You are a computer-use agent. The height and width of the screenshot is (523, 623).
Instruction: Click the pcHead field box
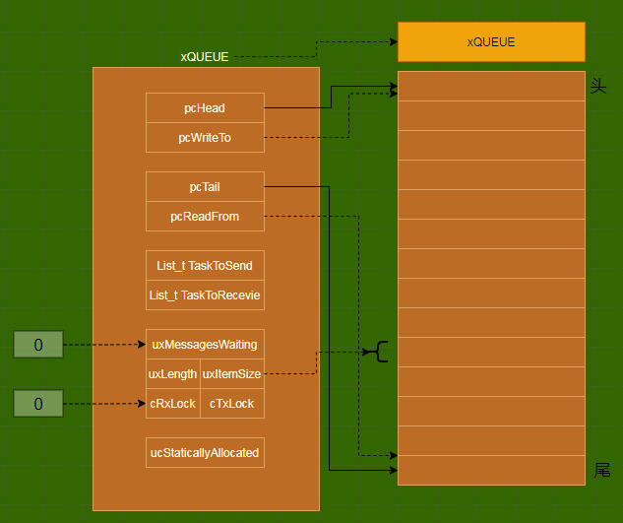pos(205,107)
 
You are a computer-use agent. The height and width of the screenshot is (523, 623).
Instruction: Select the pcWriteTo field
pos(205,138)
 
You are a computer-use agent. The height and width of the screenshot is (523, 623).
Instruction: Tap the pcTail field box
pos(205,186)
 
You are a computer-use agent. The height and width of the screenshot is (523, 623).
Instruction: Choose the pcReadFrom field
pos(205,216)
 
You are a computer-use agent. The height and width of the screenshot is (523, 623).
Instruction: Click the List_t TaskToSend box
pos(205,265)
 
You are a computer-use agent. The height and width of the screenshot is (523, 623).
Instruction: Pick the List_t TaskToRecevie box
pos(205,294)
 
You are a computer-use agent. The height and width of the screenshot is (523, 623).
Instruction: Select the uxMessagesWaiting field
pos(205,344)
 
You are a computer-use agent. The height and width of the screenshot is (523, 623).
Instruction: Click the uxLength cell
pos(172,374)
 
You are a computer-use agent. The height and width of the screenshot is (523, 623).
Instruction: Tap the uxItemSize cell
pos(231,374)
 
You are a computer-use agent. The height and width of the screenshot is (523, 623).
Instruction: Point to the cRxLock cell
pos(172,404)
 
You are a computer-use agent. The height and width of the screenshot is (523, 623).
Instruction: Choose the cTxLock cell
pos(231,404)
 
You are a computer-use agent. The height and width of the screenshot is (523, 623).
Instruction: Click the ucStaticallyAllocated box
pos(205,452)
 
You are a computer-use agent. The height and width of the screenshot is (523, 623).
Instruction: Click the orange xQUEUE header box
pos(491,42)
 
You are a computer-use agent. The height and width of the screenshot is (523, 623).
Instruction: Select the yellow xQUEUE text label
pos(204,57)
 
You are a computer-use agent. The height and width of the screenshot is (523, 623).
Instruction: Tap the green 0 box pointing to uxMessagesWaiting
pos(38,345)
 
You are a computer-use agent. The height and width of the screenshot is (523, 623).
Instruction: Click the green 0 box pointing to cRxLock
pos(38,404)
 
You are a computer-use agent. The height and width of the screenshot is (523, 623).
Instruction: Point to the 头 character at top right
pos(597,87)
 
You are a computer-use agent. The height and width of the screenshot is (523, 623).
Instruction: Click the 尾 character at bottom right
pos(602,470)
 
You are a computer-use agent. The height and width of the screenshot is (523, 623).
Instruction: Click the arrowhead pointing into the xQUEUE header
pos(392,42)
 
